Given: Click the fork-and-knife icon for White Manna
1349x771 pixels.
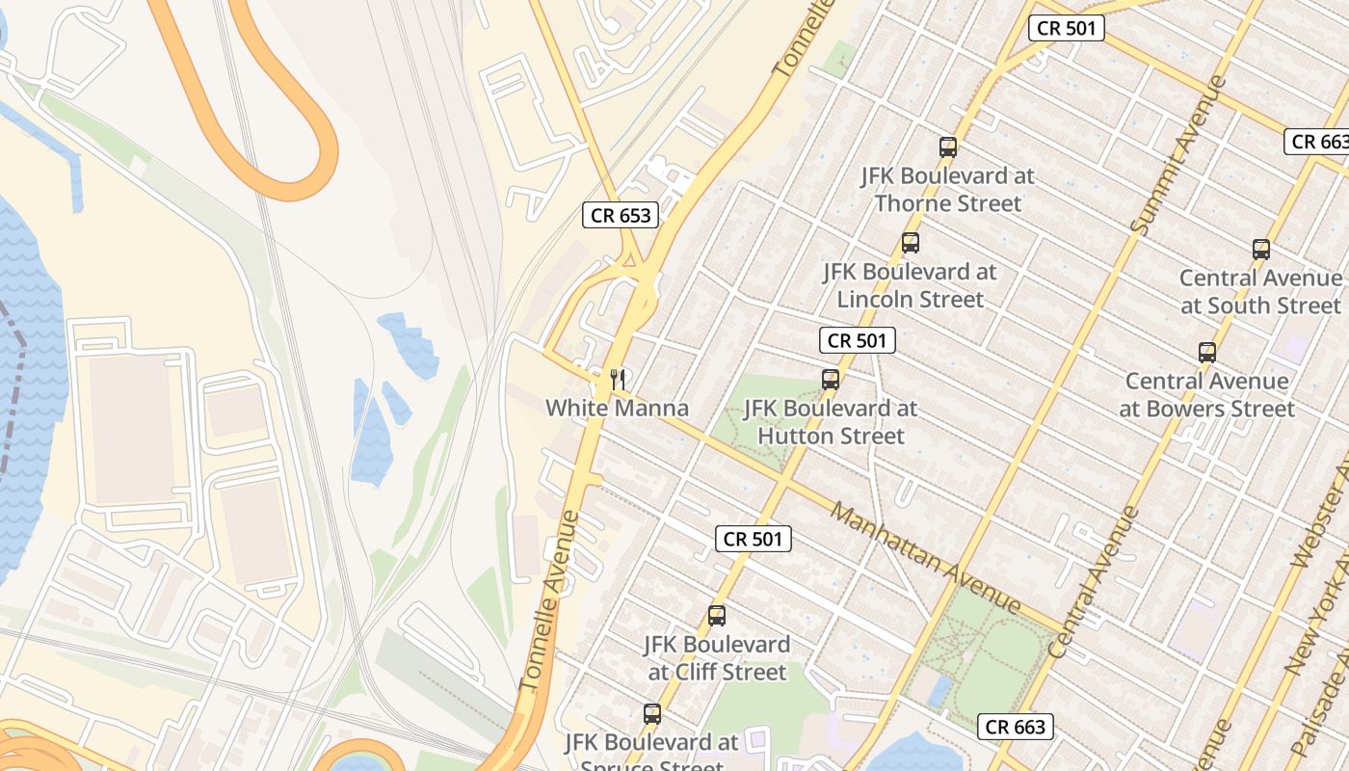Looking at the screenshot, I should coord(618,380).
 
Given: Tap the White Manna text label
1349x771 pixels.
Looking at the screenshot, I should coord(618,409).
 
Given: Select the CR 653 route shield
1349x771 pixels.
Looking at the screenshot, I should coord(621,216).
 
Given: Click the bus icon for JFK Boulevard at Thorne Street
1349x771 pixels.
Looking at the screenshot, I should coord(948,147).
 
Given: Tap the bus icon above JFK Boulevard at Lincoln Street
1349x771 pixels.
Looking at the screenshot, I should coord(911,243).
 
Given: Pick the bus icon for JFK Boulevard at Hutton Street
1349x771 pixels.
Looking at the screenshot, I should coord(831,380).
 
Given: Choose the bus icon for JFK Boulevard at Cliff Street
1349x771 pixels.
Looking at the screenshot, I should coord(717,616).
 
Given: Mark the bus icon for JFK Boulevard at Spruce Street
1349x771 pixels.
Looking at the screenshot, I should coord(652,714).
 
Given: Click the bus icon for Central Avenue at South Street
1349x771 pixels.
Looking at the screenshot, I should coord(1261,250).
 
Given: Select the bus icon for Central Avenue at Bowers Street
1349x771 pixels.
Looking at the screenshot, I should coord(1207,353).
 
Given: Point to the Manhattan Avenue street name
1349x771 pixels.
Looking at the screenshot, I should coord(924,558).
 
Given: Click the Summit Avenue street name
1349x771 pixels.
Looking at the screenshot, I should coord(1178,155).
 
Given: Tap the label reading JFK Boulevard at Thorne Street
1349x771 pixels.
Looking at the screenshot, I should coord(948,190).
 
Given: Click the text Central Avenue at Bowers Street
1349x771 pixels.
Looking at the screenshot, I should coord(1206,395).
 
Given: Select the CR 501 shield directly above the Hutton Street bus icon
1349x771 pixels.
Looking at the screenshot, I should coord(858,340).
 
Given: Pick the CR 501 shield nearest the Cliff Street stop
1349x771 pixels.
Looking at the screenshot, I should coord(754,539).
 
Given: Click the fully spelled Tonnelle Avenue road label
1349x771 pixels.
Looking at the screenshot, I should coord(550,601).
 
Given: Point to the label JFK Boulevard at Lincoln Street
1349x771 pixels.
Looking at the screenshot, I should coord(911,285).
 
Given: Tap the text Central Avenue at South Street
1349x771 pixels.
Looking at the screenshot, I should coord(1260,292).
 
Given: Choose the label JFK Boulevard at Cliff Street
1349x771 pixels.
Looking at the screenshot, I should coord(718,658).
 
